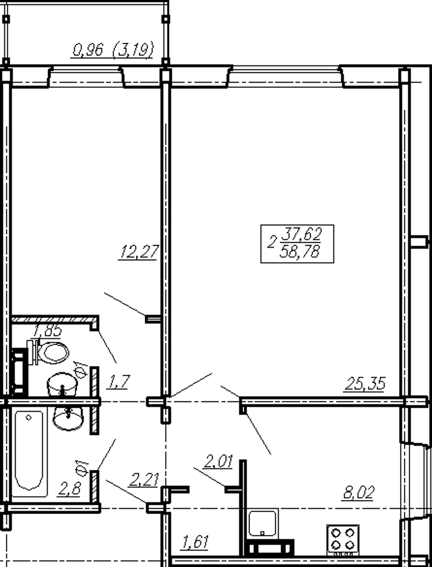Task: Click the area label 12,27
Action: point(139,252)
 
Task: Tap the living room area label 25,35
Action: point(365,383)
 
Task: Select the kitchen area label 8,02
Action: point(358,493)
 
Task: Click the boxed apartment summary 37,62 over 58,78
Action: point(297,244)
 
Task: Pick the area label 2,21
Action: point(144,480)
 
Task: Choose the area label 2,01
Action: point(218,461)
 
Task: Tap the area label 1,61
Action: point(195,542)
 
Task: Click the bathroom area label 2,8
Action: point(69,489)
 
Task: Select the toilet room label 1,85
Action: point(48,330)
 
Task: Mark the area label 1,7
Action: point(118,382)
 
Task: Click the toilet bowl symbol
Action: point(48,352)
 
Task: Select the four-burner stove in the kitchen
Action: point(343,539)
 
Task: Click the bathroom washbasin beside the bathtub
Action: point(68,418)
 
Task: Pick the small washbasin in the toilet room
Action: point(62,384)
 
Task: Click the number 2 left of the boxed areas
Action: point(272,242)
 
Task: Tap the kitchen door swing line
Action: point(258,434)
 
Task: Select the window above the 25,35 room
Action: point(286,76)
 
